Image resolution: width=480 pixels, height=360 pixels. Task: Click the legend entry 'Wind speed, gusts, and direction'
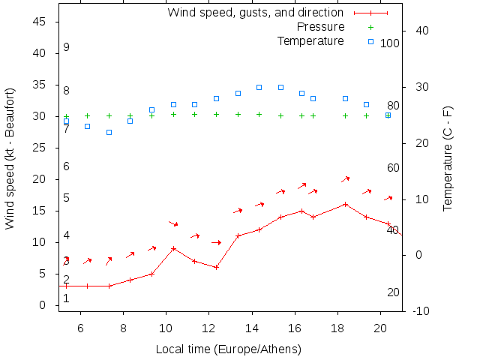coord(255,12)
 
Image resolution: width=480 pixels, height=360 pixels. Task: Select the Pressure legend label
coord(321,26)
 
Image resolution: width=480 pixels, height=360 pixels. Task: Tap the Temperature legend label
coord(310,40)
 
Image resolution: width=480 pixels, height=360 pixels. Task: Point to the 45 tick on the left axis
coord(40,22)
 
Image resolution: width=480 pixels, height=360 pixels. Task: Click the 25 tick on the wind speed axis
coord(40,148)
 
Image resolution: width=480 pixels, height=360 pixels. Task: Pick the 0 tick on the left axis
coord(44,306)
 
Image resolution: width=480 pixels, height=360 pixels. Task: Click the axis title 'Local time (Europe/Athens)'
coord(228,349)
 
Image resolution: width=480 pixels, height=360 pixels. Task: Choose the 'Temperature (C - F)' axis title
coord(448,158)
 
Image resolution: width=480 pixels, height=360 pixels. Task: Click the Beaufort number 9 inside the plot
coord(66,47)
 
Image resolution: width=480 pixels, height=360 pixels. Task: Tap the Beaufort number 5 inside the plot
coord(66,198)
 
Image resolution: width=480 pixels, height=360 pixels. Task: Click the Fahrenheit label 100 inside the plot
coord(390,43)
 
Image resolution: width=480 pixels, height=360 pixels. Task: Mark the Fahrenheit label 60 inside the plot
coord(393,168)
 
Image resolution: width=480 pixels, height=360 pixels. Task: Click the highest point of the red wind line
coord(345,204)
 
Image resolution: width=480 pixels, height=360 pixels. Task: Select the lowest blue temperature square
coord(109,132)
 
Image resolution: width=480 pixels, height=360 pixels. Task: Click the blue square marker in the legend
coord(370,41)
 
